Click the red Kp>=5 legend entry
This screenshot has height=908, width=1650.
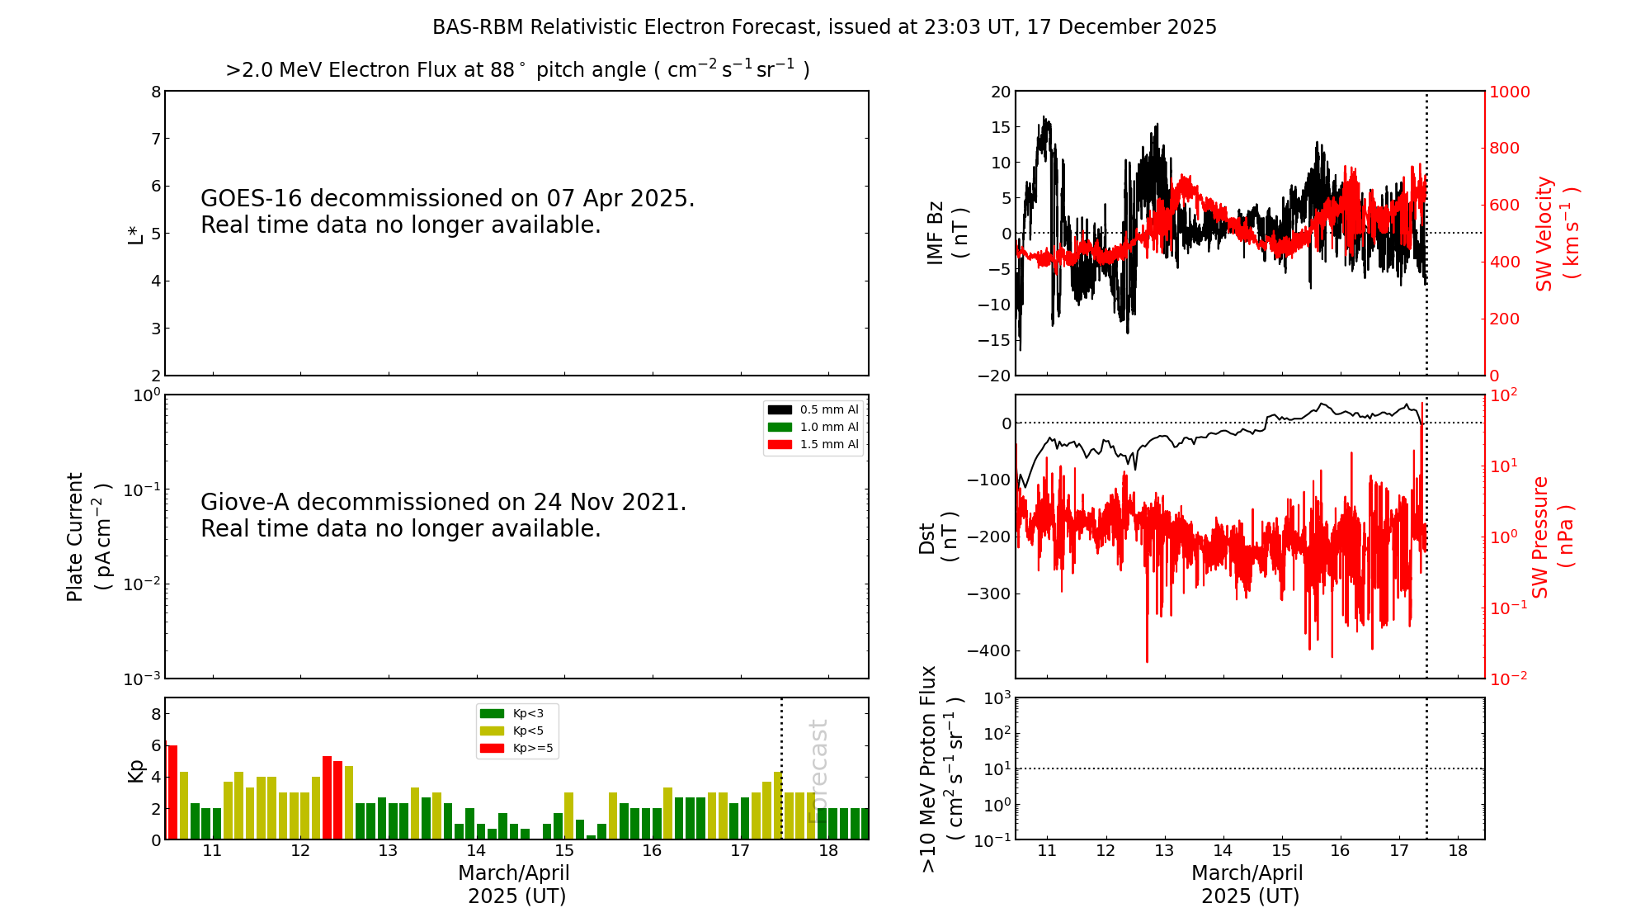tap(516, 749)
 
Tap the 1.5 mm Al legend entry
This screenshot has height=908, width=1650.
tap(813, 444)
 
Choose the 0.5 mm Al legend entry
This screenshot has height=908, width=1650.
tap(813, 409)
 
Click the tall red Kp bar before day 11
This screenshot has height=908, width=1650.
tap(172, 792)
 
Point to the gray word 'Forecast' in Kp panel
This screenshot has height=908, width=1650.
tap(818, 771)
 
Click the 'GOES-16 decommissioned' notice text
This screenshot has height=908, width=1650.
tap(447, 211)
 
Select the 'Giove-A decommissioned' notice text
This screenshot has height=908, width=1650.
tap(443, 515)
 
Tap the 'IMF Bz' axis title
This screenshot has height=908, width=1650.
tap(946, 233)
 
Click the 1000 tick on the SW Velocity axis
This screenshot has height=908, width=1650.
tap(1509, 92)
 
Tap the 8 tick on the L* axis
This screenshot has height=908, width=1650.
tap(156, 92)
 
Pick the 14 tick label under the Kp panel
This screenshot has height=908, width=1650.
tap(476, 851)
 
